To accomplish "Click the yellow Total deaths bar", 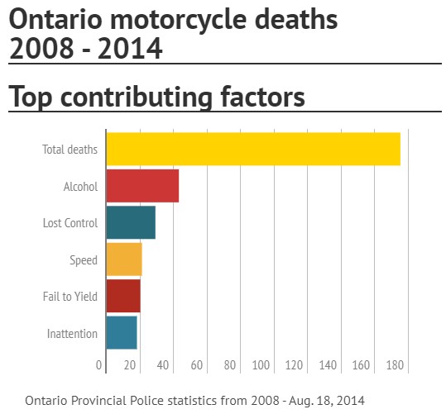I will tap(253, 149).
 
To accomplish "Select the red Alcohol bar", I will tap(142, 186).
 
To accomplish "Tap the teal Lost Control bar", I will tap(131, 222).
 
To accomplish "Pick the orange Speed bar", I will tap(124, 259).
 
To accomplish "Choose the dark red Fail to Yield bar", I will tap(123, 296).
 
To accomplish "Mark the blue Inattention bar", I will tap(122, 333).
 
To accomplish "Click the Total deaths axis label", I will tap(70, 150).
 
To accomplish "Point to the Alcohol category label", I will tap(80, 187).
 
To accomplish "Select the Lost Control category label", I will tap(70, 223).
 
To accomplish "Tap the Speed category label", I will tap(83, 260).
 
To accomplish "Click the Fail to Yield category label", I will tap(70, 297).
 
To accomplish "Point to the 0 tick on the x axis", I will tap(99, 364).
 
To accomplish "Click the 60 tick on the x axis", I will tap(196, 364).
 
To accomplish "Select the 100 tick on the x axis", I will tap(261, 364).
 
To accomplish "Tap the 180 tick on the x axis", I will tap(393, 364).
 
